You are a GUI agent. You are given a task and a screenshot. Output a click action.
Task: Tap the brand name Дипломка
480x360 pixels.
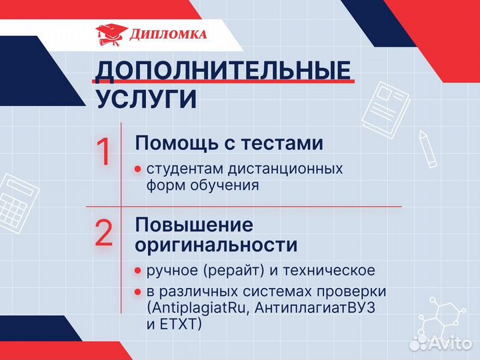(x=168, y=35)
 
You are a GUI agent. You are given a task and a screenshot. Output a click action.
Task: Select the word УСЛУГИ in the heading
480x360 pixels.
(x=146, y=99)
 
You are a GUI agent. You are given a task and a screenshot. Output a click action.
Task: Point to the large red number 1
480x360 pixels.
(x=105, y=152)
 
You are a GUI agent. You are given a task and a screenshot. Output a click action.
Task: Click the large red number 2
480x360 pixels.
(x=104, y=233)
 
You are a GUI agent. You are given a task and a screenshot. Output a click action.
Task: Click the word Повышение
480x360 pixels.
(x=194, y=224)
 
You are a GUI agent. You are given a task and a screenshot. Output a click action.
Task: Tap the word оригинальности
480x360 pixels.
(x=216, y=245)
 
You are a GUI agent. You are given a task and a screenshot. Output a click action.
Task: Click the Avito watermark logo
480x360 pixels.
(x=440, y=343)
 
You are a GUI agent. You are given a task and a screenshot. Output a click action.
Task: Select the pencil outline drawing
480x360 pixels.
(x=427, y=148)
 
